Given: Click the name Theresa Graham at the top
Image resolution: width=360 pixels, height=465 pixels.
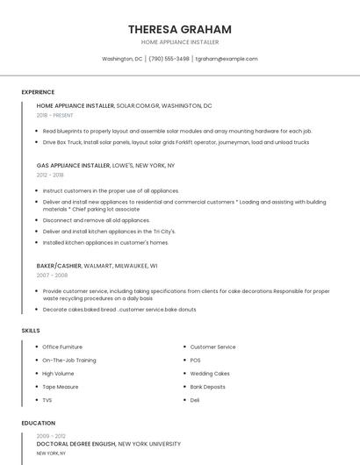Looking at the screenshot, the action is tap(179, 29).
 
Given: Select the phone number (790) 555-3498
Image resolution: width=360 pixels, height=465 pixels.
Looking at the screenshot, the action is tap(169, 59).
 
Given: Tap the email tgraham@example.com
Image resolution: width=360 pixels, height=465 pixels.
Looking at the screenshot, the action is tap(227, 59).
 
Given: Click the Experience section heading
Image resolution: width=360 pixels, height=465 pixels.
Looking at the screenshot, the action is tap(38, 92).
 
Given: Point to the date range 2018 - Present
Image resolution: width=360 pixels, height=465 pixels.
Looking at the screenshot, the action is tap(55, 115).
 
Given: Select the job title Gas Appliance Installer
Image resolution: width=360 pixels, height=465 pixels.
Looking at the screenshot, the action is tap(74, 165).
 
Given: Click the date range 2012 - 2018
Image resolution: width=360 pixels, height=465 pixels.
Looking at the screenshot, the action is tap(50, 175).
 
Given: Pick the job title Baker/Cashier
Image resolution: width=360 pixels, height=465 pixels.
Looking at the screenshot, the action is tap(59, 265).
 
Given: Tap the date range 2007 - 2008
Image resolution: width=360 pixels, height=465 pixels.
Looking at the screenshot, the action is tap(51, 275).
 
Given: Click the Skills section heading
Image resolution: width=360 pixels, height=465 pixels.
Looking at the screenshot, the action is tap(31, 330).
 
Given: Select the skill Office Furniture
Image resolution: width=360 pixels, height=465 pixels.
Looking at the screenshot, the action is tap(62, 347).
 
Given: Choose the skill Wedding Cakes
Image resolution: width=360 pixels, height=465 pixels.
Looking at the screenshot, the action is tap(210, 373).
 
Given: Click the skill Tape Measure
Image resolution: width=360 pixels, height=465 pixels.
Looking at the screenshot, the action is tap(61, 386).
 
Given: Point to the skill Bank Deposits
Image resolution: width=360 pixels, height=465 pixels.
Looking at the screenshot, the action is tap(208, 386).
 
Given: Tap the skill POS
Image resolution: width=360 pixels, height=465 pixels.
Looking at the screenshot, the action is tap(196, 360).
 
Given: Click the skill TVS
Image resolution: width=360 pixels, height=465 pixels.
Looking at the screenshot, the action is tap(47, 399).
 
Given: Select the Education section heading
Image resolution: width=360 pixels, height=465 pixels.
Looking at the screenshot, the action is tap(38, 423).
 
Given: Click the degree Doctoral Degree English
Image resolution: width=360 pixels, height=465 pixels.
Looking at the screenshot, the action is tap(76, 445).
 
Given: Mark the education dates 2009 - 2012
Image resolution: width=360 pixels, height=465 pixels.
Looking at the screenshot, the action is tap(51, 436).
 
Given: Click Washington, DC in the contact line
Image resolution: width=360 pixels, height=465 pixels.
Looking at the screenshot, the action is tap(122, 59).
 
